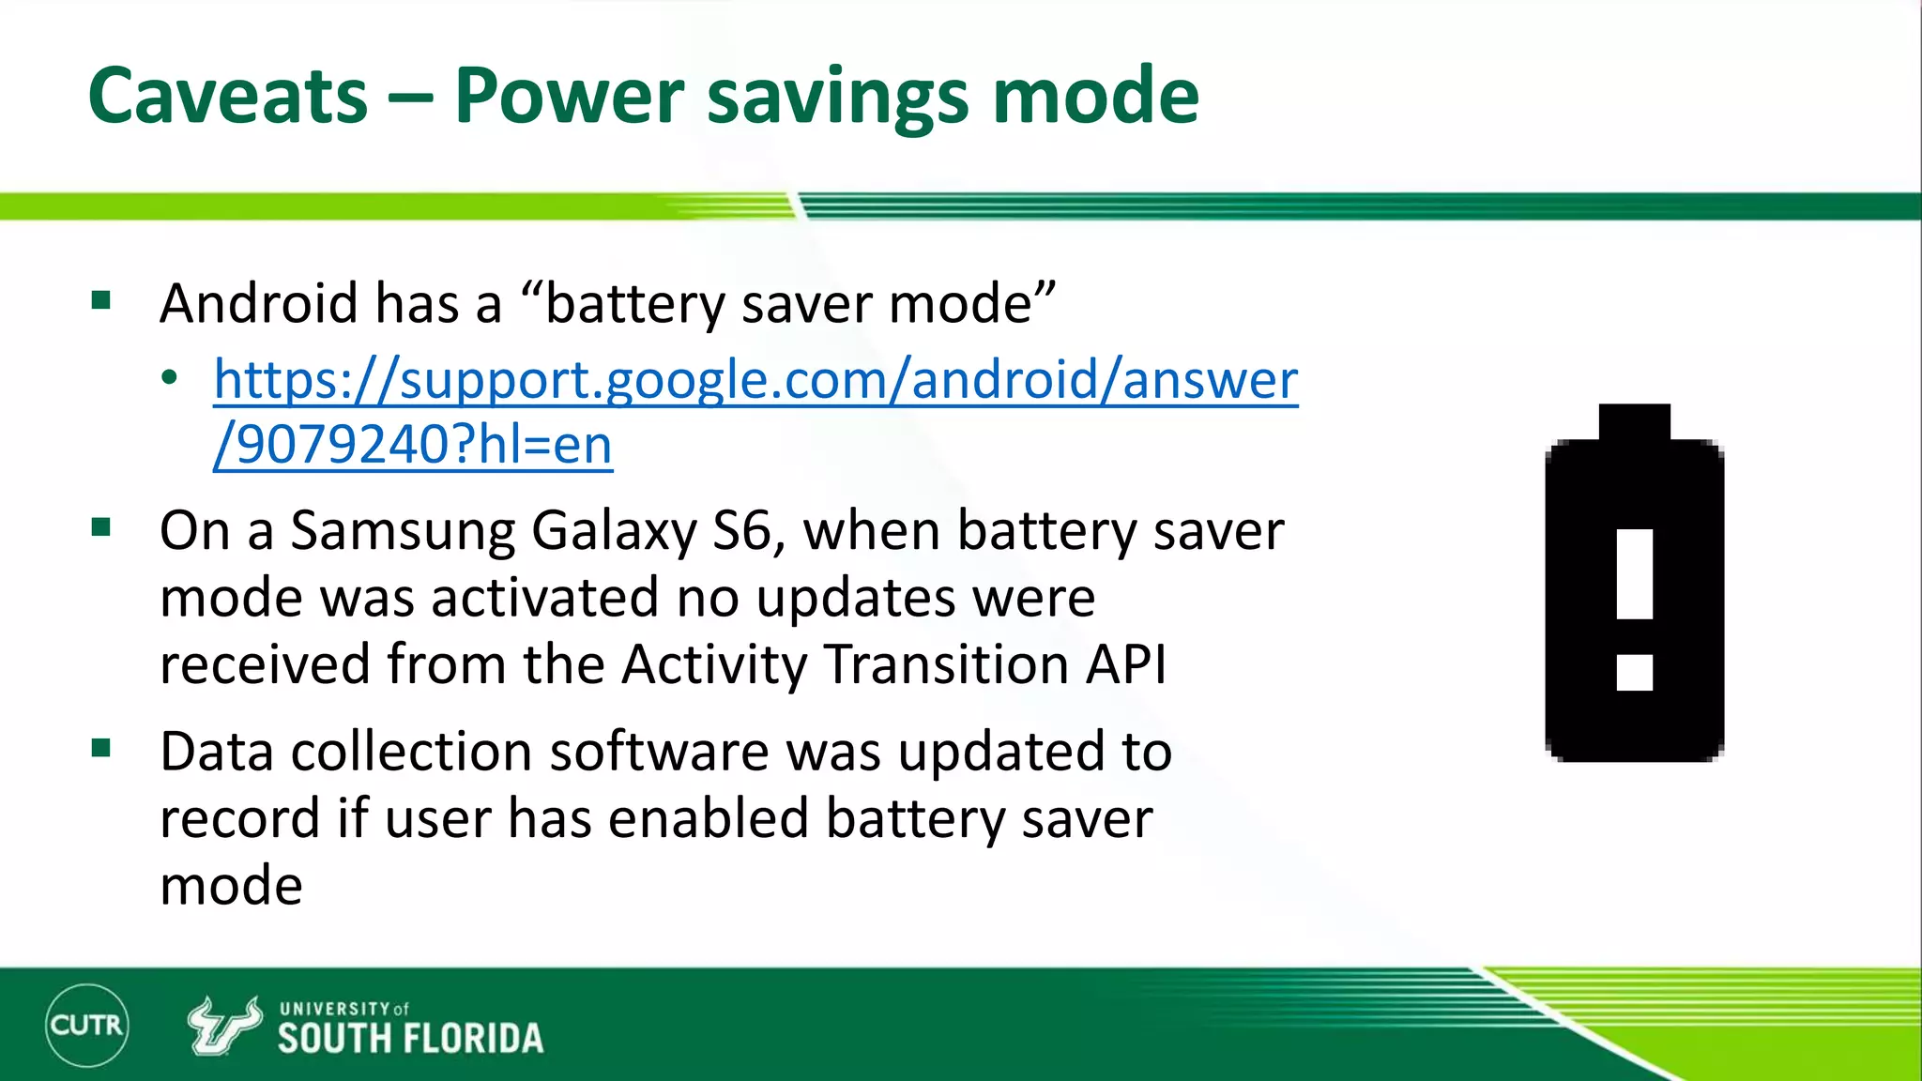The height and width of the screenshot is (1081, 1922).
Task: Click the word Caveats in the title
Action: click(x=228, y=96)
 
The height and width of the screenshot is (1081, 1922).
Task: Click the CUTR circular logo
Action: click(x=86, y=1025)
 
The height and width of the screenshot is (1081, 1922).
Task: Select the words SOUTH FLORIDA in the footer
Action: click(x=410, y=1039)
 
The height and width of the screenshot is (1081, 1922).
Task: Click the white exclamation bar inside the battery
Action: click(x=1634, y=574)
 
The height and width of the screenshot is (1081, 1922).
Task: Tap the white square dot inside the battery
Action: click(x=1634, y=672)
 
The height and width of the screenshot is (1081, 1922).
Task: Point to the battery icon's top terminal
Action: click(x=1634, y=421)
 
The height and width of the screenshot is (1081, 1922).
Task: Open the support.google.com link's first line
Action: click(x=755, y=380)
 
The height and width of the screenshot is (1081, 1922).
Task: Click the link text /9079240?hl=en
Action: click(x=413, y=445)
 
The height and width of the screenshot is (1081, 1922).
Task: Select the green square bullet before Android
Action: click(x=101, y=301)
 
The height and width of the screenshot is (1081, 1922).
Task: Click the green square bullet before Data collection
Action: click(x=101, y=749)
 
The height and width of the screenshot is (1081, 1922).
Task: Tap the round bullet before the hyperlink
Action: click(x=169, y=379)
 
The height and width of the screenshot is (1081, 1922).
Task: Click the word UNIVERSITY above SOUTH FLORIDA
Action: click(x=334, y=1009)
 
